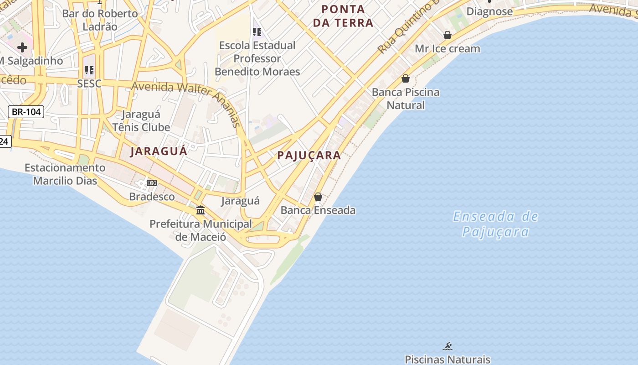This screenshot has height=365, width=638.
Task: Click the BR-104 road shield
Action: point(26,112)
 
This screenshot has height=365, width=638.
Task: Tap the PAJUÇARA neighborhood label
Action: point(309,155)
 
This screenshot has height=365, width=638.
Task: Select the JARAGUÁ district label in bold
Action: point(159,151)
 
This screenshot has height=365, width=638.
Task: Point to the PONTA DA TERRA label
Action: point(343,16)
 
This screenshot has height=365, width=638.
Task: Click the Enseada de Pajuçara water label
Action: point(495,224)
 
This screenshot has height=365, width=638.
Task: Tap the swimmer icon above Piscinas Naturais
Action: point(448,346)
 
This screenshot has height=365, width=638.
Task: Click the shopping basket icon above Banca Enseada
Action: point(318,197)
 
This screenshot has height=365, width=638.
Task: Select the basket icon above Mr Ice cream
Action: point(448,35)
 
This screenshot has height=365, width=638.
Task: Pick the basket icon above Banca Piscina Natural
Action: point(406,78)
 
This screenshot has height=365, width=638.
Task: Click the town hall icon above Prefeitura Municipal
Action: point(201,210)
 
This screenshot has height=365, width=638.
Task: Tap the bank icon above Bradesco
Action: point(152,183)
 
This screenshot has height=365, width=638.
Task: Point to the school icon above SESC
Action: point(89,70)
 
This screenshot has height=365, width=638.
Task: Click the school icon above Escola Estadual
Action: point(257,32)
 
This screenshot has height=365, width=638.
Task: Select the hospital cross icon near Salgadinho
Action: point(22,47)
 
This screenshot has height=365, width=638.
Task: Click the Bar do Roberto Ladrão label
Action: point(100,20)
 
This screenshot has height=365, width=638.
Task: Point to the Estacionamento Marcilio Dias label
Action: point(65,174)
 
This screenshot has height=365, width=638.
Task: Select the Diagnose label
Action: point(489,11)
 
